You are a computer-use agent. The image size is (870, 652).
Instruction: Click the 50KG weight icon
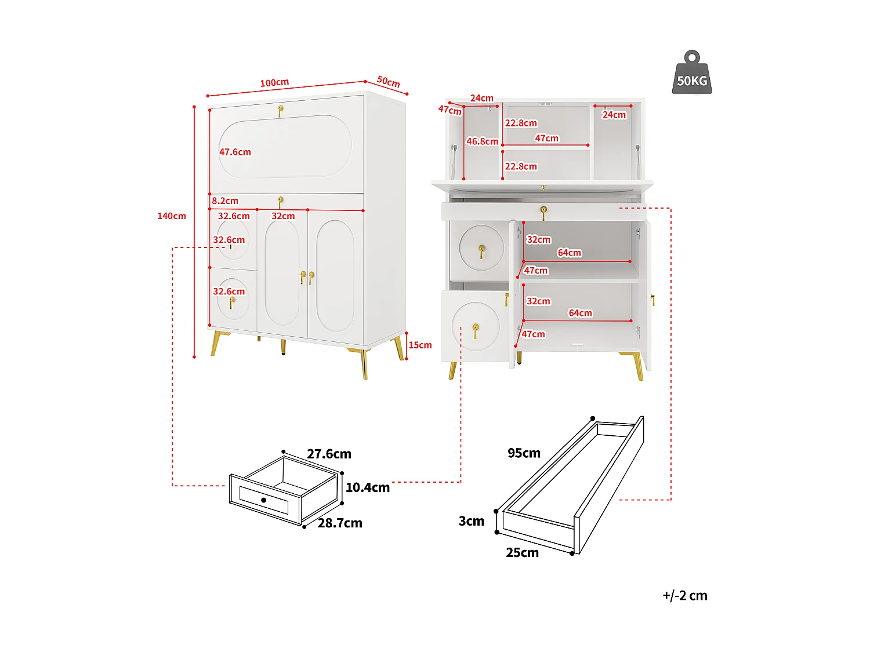[692, 74]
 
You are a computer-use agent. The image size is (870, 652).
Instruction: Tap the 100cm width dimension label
[274, 83]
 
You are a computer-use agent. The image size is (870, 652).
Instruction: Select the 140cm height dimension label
[172, 216]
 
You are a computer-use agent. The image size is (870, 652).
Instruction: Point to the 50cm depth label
[389, 82]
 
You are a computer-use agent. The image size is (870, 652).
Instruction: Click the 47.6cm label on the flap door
[235, 152]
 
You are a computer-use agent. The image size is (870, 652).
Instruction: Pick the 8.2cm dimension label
[225, 201]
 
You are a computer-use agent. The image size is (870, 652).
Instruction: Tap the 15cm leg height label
[420, 345]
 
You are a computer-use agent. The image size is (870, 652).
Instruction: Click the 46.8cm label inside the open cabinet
[482, 141]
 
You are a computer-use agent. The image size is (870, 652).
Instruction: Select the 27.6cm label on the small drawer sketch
[329, 454]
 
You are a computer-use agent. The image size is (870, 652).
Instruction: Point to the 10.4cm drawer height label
[367, 488]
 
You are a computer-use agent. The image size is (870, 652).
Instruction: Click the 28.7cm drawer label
[340, 523]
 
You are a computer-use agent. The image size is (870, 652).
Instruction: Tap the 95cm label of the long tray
[524, 453]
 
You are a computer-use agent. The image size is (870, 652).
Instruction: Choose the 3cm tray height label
[471, 521]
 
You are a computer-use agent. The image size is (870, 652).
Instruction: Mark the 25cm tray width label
[522, 553]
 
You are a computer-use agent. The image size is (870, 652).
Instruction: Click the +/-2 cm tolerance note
[685, 596]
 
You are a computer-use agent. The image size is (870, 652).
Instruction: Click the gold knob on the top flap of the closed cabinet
[280, 109]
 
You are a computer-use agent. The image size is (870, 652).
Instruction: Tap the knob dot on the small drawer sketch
[264, 500]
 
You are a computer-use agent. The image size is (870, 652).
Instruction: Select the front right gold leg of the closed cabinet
[364, 363]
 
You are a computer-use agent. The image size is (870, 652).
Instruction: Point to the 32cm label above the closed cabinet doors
[283, 216]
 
